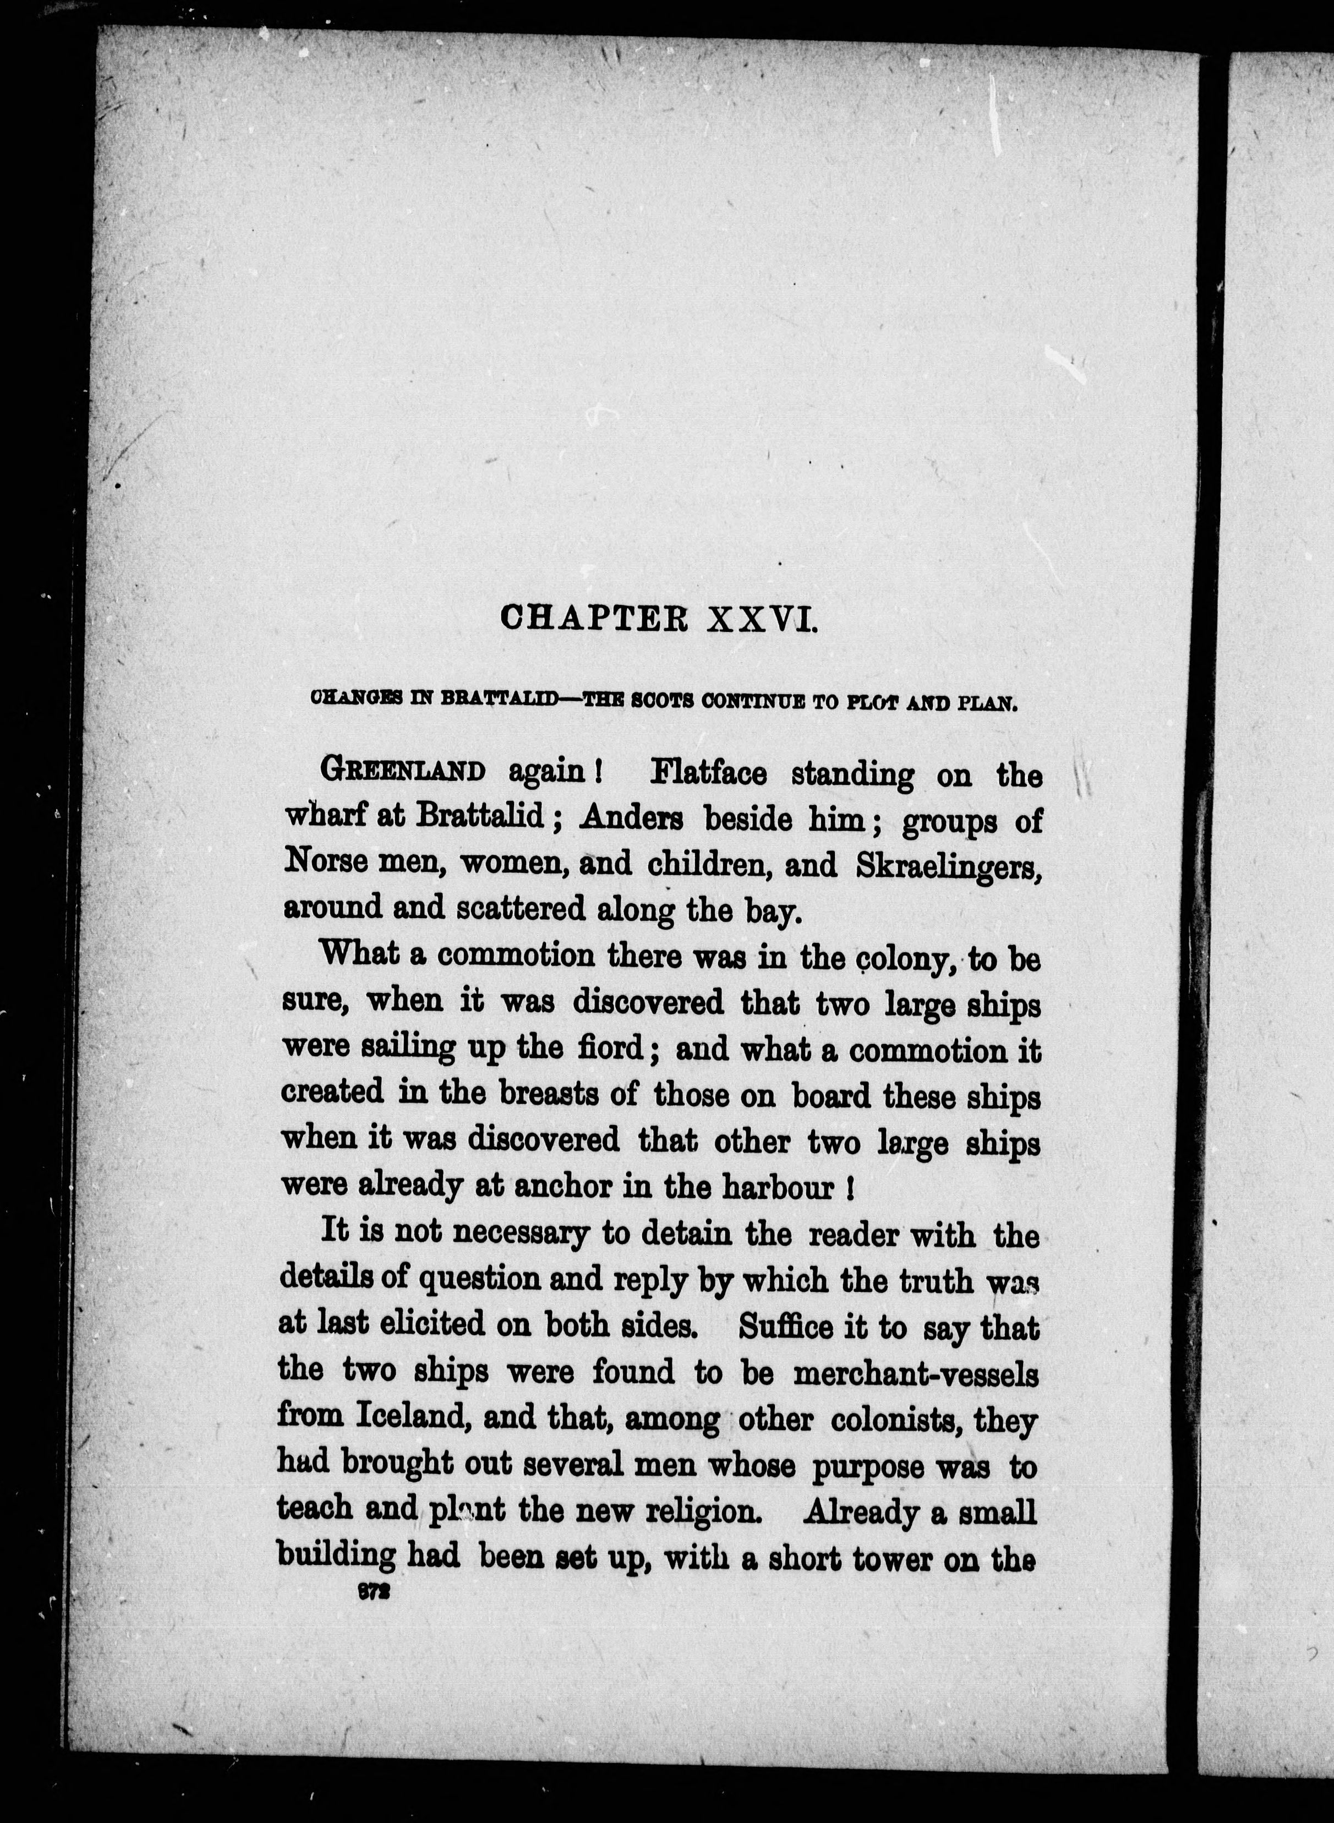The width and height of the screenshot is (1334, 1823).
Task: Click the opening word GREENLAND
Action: (403, 771)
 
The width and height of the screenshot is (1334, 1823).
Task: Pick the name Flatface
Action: (708, 774)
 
